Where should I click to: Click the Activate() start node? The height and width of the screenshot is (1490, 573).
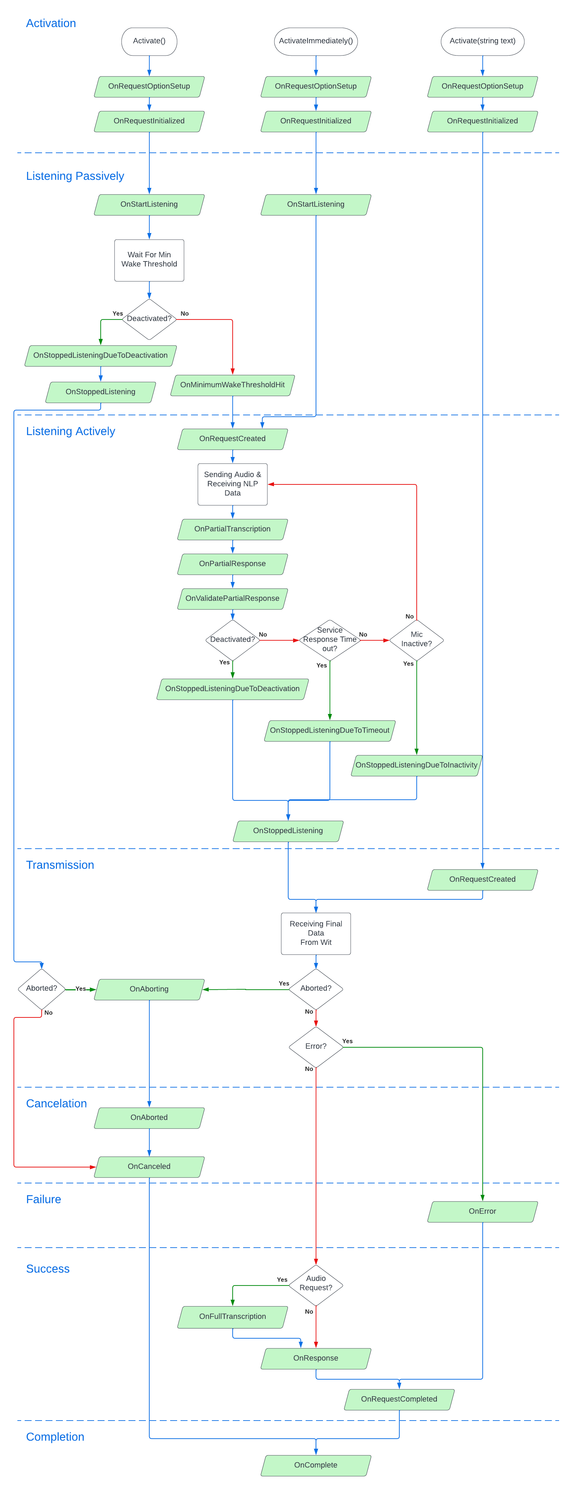[x=149, y=41]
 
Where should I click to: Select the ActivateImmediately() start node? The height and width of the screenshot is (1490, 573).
[x=316, y=41]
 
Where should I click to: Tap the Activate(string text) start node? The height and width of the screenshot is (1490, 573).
[x=482, y=41]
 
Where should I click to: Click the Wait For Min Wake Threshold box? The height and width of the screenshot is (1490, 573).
[x=149, y=260]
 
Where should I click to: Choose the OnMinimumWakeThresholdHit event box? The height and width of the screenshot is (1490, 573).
[x=232, y=385]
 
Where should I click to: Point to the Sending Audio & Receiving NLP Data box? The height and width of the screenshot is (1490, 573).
[x=232, y=484]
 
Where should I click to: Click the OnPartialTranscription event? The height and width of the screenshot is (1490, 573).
[x=232, y=529]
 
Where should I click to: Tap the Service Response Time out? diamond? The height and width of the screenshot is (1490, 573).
[x=330, y=640]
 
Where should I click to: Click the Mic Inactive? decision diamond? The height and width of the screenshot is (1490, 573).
[x=416, y=640]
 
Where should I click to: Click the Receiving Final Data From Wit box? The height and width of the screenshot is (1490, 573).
[x=316, y=933]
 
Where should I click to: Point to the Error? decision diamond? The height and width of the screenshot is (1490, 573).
[x=316, y=1046]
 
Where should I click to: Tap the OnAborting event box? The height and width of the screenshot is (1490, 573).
[x=149, y=989]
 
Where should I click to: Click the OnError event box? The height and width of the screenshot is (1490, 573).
[x=482, y=1211]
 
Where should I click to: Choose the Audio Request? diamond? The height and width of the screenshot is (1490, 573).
[x=316, y=1283]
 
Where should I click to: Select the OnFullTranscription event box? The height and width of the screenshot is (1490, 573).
[x=232, y=1316]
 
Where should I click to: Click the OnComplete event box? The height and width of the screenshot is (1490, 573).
[x=316, y=1465]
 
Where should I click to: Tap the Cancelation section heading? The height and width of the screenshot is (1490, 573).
[x=56, y=1104]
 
